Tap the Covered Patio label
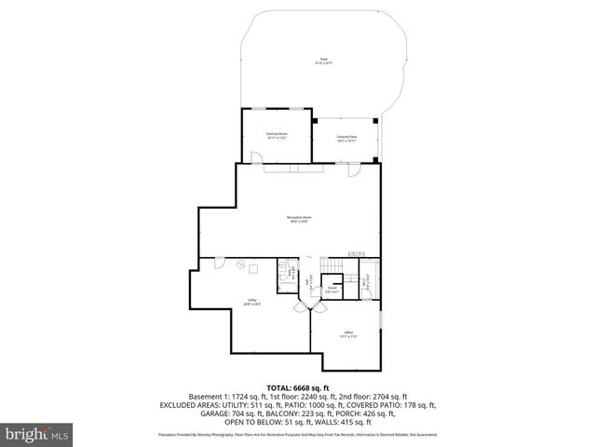click(x=348, y=140)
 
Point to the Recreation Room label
click(x=298, y=220)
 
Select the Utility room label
click(x=251, y=303)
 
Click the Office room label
click(x=347, y=333)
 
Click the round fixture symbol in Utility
click(x=239, y=264)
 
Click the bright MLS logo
click(x=37, y=433)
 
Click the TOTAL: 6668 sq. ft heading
click(x=298, y=387)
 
